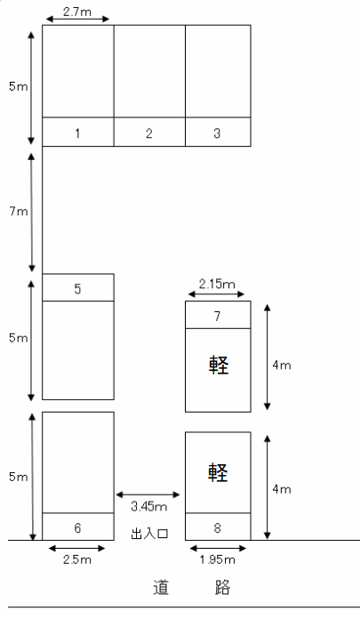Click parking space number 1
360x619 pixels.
point(78,84)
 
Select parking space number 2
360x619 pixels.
point(149,84)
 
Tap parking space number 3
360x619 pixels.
point(218,84)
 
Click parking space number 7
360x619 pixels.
point(218,356)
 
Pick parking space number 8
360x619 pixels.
point(218,486)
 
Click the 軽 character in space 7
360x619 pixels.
point(218,366)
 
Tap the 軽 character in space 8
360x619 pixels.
point(218,470)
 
